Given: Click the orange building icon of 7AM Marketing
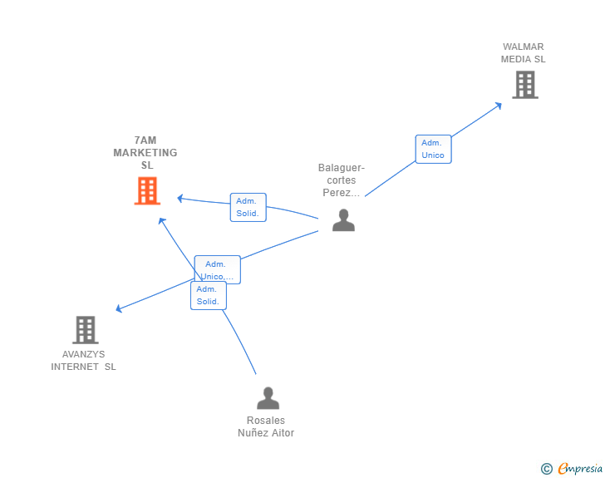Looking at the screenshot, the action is (x=147, y=190).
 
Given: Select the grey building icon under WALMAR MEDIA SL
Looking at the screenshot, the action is (x=525, y=85).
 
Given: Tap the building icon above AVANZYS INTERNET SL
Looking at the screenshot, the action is (x=86, y=330).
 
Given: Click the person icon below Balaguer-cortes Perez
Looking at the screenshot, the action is (x=343, y=220).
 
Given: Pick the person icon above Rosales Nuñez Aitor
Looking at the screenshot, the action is (x=268, y=398).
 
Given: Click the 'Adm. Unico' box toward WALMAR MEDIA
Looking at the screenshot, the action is (x=433, y=149).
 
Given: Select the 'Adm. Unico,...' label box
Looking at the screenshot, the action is (x=217, y=269).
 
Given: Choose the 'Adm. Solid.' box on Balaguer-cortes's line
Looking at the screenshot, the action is (x=248, y=207).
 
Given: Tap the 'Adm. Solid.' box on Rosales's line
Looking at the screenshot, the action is (x=209, y=295).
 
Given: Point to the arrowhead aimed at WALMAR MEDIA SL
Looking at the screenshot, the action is (x=499, y=106).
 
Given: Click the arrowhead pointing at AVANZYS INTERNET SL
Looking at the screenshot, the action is (x=119, y=308).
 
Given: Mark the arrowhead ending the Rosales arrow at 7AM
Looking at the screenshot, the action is (x=162, y=221).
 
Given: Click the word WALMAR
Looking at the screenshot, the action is (x=524, y=47).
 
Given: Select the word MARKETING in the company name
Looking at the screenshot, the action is (x=145, y=153).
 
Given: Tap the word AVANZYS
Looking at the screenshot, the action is (x=83, y=354).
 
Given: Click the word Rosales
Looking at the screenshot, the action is (x=266, y=421).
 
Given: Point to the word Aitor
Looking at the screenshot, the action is (x=283, y=433).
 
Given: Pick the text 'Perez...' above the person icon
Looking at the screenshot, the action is (x=341, y=193).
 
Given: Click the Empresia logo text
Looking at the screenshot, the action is (x=580, y=469).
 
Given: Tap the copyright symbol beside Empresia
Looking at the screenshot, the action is (x=547, y=469).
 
